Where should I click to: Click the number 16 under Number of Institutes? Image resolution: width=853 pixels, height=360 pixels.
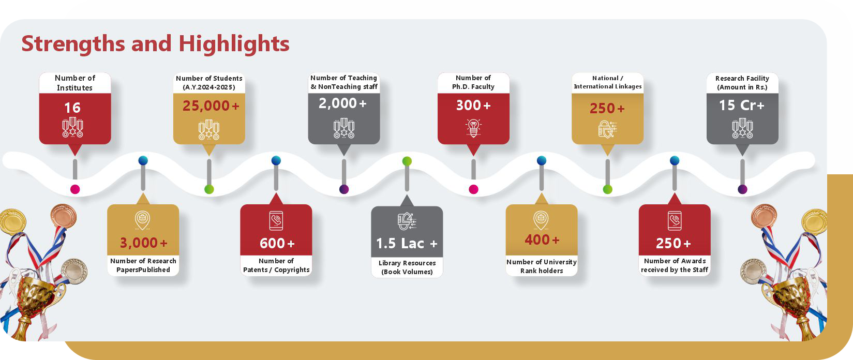[72, 108]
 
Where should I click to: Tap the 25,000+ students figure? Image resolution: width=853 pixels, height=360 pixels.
[211, 106]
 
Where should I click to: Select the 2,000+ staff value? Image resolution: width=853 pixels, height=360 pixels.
[342, 103]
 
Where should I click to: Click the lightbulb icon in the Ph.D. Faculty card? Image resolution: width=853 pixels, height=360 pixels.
[473, 128]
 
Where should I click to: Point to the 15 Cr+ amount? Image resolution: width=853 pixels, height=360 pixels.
[741, 105]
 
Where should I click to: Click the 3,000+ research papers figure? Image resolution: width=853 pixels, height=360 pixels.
[144, 243]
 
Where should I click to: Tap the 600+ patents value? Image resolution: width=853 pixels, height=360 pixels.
[277, 243]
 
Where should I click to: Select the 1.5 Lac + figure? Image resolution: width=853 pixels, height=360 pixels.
[407, 244]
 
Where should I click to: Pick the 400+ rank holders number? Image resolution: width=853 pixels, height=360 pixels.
[542, 239]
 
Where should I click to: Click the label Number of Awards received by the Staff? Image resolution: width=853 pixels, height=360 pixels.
[675, 265]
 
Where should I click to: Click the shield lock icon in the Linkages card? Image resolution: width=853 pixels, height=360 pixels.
[607, 129]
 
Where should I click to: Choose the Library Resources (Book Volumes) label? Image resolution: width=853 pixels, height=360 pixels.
[407, 267]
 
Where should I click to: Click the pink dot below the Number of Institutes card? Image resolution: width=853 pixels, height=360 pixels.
[75, 189]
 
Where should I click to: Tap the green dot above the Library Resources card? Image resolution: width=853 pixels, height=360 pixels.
[407, 161]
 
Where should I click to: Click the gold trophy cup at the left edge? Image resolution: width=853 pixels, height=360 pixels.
[36, 301]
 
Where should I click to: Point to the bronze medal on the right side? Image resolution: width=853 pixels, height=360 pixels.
[764, 216]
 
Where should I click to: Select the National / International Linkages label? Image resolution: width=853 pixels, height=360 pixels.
[607, 82]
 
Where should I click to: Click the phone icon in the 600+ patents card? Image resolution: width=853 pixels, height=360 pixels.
[276, 220]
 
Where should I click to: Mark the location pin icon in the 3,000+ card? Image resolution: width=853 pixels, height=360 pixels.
[142, 220]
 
